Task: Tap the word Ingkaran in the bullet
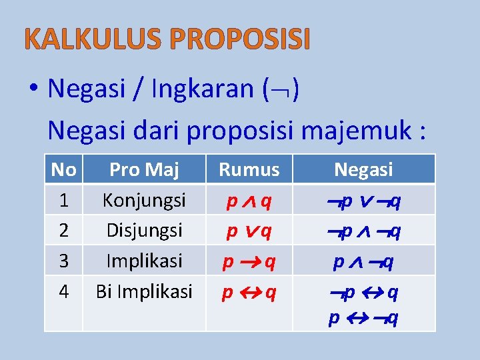(x=203, y=89)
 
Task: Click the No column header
(x=63, y=170)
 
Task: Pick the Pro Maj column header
(x=144, y=170)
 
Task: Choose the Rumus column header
(x=249, y=170)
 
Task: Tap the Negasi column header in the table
(x=363, y=170)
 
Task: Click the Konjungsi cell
(x=144, y=200)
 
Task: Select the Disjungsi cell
(x=144, y=230)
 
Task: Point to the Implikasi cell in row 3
(x=144, y=260)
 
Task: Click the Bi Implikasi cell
(x=144, y=291)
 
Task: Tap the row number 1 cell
(x=63, y=200)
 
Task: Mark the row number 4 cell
(x=63, y=291)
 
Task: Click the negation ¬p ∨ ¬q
(x=364, y=201)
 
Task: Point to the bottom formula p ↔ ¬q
(x=364, y=319)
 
